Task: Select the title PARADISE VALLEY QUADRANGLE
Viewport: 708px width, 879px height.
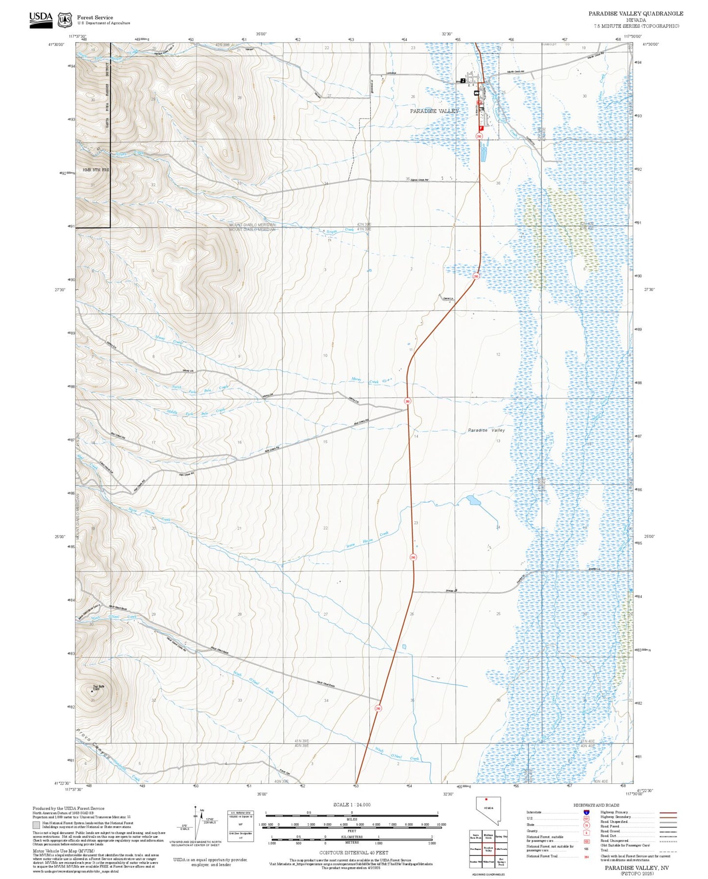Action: pos(635,13)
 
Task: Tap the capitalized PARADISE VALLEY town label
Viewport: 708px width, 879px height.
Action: pos(434,111)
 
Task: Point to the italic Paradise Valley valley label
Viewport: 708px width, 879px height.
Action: pos(486,430)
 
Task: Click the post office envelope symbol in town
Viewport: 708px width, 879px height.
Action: pos(476,93)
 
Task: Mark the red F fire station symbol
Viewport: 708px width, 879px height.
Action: pos(481,127)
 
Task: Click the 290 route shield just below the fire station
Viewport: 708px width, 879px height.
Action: pos(479,136)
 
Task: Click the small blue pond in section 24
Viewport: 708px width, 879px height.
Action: pos(474,500)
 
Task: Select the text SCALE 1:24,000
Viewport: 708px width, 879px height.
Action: pos(351,805)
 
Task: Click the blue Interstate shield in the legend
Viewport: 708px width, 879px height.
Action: pos(586,812)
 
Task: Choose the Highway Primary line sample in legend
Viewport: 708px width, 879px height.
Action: pos(668,812)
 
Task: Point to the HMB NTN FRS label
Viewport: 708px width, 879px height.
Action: pos(96,170)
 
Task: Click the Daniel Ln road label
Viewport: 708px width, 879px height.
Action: pos(448,298)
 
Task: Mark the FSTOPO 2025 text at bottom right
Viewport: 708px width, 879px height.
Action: pos(636,873)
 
